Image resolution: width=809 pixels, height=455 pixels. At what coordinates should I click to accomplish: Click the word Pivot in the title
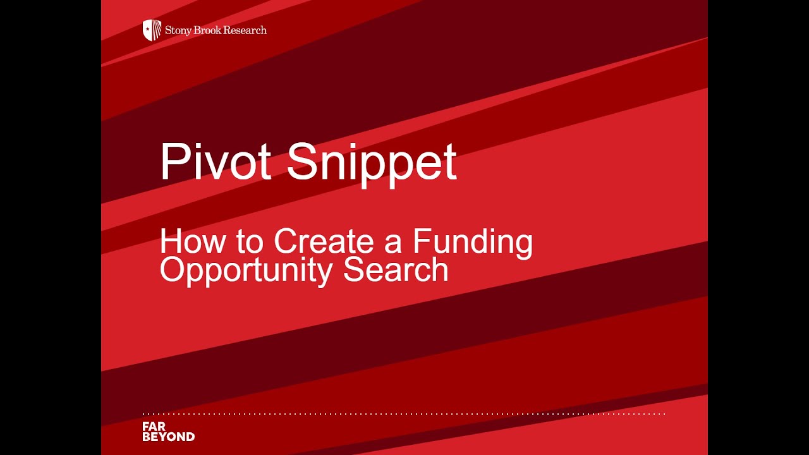tap(216, 162)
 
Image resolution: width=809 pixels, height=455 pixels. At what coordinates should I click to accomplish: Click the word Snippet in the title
tap(372, 163)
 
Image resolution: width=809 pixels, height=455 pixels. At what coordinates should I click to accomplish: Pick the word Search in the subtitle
tap(396, 269)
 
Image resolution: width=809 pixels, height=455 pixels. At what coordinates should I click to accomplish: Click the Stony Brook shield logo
tap(152, 30)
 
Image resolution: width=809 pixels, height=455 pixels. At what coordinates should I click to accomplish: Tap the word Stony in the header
tap(178, 30)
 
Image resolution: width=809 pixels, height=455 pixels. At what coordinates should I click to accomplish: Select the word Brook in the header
tap(208, 30)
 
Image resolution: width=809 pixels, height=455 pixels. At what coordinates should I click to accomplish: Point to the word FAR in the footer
tap(154, 427)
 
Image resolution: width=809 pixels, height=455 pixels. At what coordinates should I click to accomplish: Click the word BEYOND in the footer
tap(169, 437)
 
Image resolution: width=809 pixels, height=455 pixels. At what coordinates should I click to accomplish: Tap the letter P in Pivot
tap(172, 162)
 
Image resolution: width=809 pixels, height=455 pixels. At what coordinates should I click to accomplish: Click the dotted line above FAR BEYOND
tap(404, 414)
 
